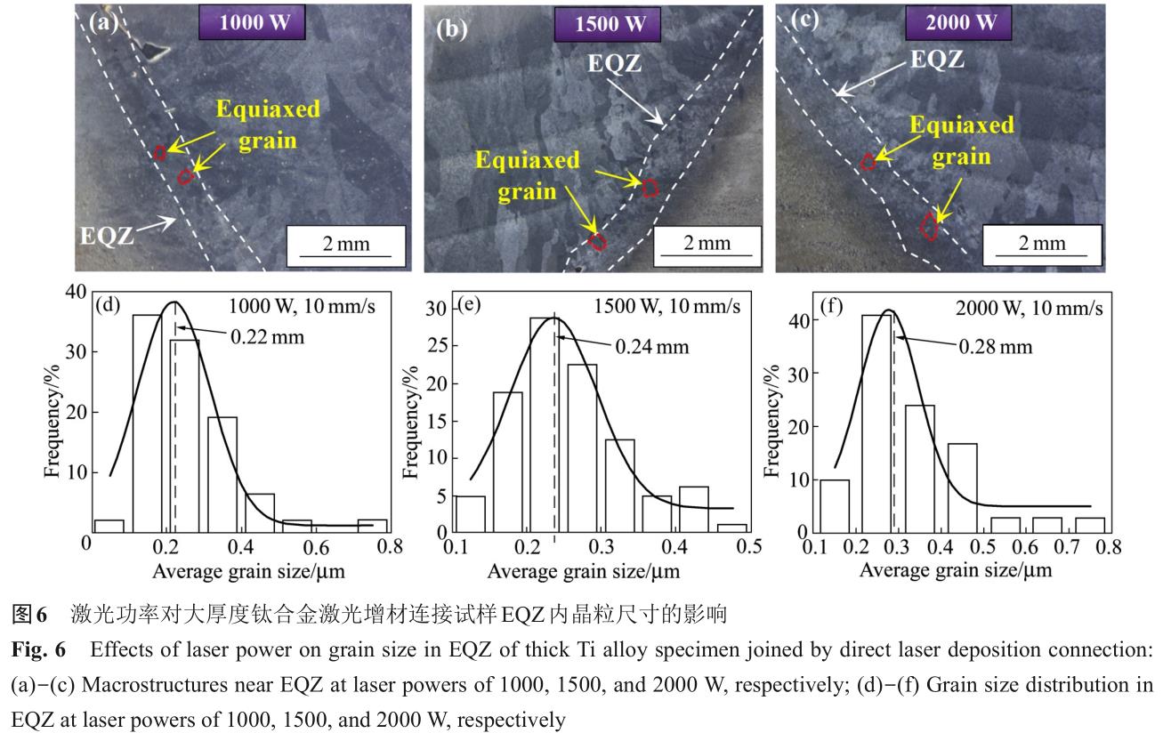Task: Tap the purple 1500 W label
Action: point(610,25)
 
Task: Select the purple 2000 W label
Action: point(960,23)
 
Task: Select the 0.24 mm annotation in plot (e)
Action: point(653,347)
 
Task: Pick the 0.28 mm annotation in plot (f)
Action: point(995,346)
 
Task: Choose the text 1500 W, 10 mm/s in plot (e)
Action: point(666,306)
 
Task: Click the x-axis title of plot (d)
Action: point(248,570)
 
